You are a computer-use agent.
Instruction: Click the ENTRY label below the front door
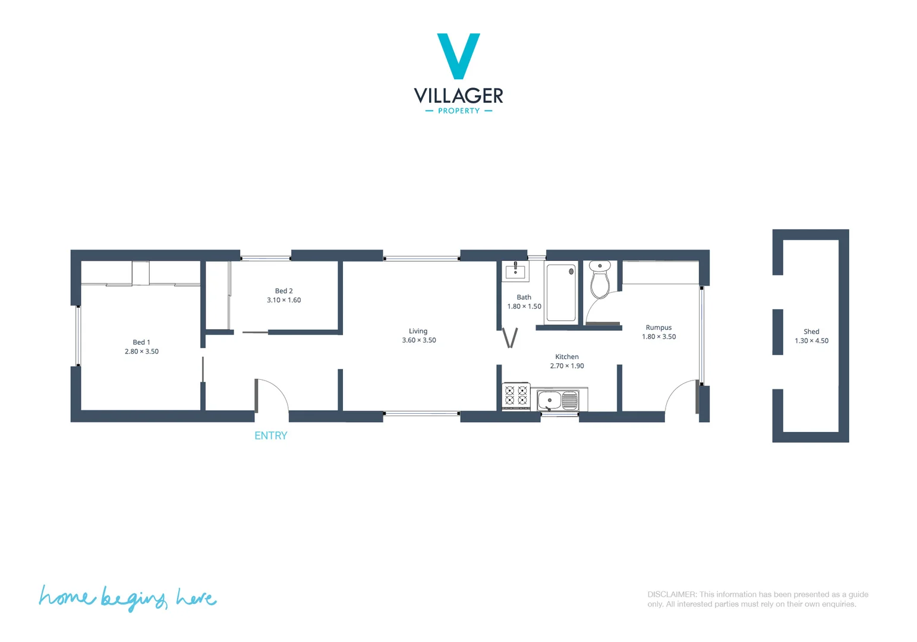[x=270, y=436]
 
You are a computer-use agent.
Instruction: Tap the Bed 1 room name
[x=141, y=342]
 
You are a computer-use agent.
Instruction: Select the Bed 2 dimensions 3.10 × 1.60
[x=283, y=300]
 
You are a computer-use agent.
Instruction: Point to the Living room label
[x=418, y=331]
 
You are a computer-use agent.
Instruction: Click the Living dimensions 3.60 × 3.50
[x=418, y=341]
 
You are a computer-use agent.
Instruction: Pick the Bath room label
[x=524, y=297]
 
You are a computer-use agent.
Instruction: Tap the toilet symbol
[x=600, y=280]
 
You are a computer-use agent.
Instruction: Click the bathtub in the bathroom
[x=561, y=292]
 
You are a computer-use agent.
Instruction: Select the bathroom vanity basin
[x=515, y=272]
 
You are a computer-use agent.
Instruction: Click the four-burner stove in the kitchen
[x=516, y=396]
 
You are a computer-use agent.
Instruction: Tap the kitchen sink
[x=557, y=400]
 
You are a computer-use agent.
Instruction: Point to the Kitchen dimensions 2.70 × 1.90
[x=567, y=366]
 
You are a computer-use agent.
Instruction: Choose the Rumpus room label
[x=658, y=328]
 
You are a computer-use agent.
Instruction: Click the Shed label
[x=811, y=332]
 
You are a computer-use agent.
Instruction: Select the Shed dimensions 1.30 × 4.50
[x=811, y=341]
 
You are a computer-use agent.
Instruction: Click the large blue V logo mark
[x=458, y=55]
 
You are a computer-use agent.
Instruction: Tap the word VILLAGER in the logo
[x=458, y=96]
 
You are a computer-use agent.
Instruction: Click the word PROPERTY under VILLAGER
[x=458, y=111]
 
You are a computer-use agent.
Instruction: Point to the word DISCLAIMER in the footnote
[x=672, y=594]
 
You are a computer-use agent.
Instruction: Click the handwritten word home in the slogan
[x=65, y=597]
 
